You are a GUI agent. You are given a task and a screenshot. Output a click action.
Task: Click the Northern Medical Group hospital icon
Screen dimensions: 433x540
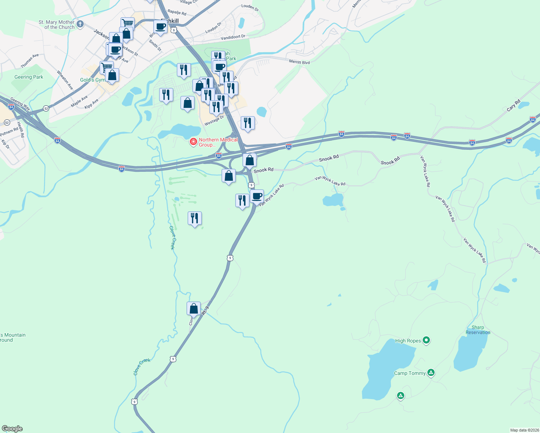click(x=193, y=141)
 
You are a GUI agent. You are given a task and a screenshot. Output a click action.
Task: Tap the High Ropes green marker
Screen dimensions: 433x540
click(x=426, y=340)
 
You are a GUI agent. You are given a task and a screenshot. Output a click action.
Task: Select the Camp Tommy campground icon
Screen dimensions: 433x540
click(x=431, y=372)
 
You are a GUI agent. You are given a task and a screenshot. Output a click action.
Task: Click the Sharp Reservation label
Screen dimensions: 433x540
click(x=478, y=330)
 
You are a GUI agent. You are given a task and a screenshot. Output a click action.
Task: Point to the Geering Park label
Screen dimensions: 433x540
click(x=29, y=77)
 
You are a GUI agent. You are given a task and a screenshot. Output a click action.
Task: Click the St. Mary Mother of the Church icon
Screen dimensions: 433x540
click(x=80, y=24)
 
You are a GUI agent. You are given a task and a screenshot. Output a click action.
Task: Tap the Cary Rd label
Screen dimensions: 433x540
click(x=513, y=105)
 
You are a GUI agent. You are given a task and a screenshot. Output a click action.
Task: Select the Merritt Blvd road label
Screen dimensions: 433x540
click(x=299, y=62)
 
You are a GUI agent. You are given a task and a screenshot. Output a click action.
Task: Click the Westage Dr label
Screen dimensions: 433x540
click(x=214, y=121)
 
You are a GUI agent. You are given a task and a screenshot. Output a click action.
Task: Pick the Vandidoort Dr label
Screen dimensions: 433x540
click(x=233, y=37)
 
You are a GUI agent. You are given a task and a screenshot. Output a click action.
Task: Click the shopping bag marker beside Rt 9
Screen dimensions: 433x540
click(x=194, y=309)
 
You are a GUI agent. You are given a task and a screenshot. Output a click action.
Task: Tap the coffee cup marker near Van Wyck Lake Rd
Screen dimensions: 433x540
click(x=257, y=197)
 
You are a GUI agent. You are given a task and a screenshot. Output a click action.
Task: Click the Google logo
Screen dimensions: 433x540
click(x=12, y=428)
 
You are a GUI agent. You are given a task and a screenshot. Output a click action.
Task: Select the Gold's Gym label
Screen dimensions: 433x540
click(x=92, y=80)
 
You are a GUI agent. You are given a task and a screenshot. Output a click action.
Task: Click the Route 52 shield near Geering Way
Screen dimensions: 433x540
click(x=46, y=108)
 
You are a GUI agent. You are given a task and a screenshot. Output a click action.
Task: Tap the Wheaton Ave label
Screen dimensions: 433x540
click(x=65, y=80)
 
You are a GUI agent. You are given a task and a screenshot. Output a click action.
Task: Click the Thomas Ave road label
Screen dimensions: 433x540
click(x=30, y=61)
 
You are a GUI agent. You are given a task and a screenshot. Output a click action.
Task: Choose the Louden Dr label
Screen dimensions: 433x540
click(x=250, y=7)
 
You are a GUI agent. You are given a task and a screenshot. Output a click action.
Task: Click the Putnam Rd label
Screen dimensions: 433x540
click(x=9, y=132)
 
